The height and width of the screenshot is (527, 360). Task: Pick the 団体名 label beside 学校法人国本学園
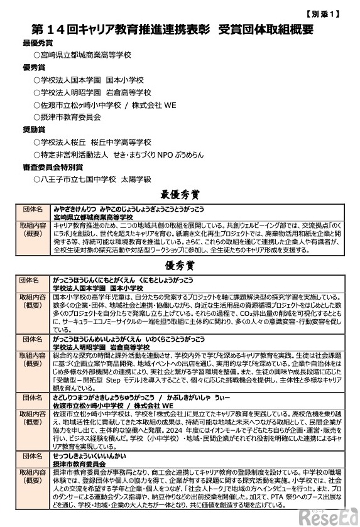coord(31,279)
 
